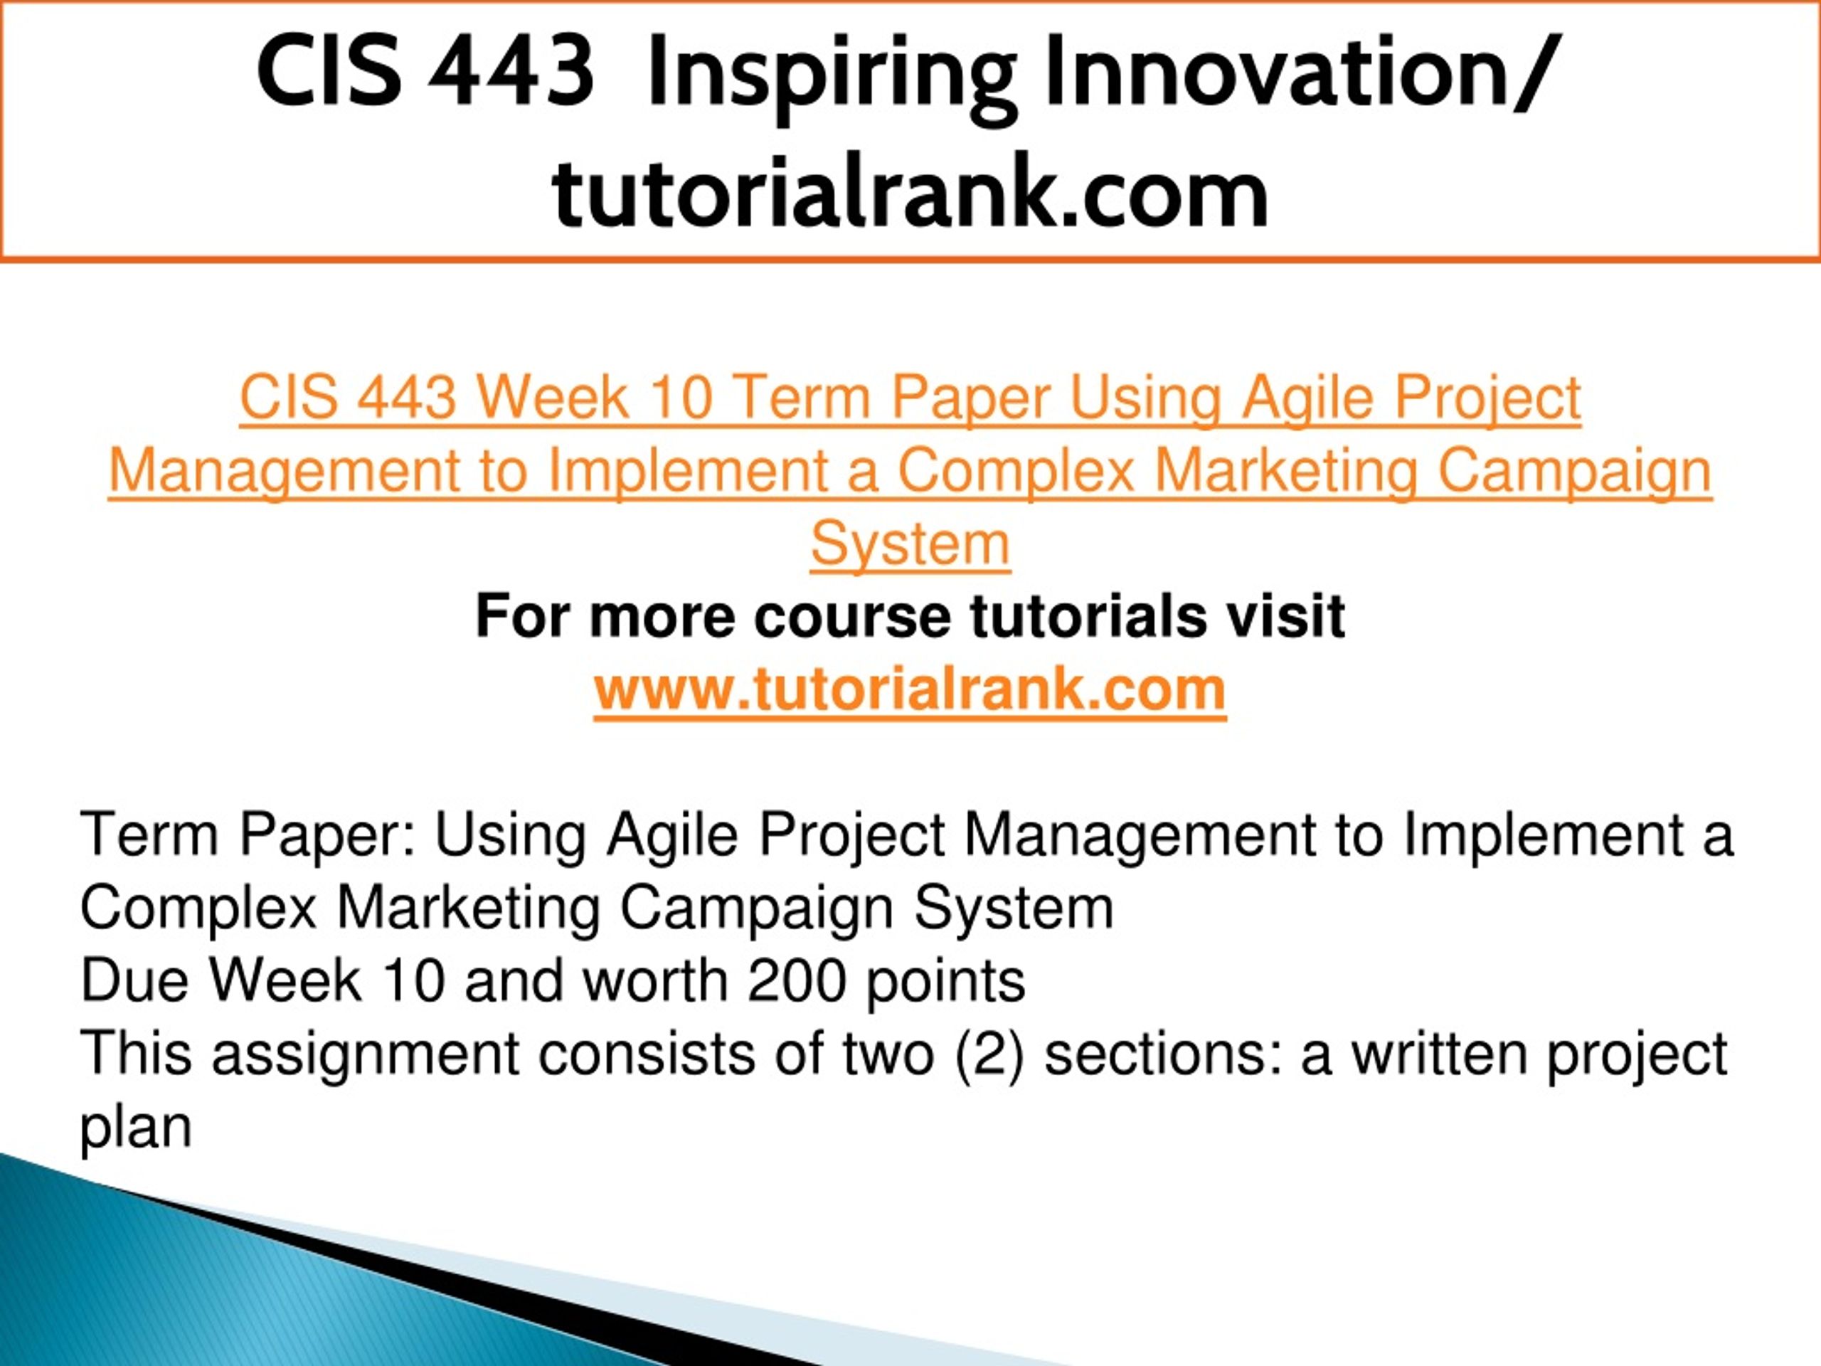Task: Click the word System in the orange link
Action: [x=910, y=545]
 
